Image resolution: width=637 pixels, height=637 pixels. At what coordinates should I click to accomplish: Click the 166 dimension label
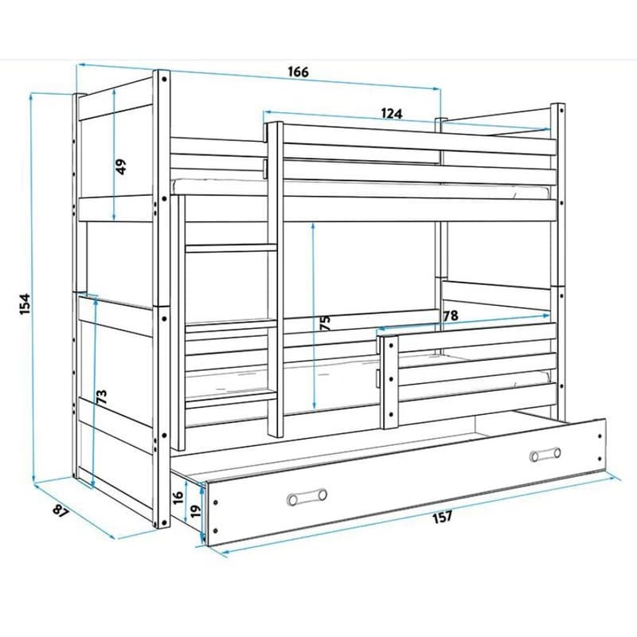click(299, 72)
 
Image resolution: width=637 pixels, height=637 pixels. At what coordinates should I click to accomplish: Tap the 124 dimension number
click(392, 113)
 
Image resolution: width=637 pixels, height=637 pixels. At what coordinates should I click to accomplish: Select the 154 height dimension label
click(25, 304)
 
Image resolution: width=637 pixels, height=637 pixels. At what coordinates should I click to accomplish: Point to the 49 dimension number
click(121, 166)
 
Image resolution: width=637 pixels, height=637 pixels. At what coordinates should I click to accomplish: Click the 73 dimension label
click(102, 397)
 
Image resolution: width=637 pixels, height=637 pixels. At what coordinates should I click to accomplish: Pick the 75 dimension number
click(326, 323)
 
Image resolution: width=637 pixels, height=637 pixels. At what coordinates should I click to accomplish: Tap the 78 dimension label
click(451, 315)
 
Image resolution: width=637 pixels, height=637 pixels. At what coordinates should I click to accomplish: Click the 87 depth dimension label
click(61, 510)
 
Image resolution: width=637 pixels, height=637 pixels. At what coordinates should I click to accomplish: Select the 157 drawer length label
click(443, 517)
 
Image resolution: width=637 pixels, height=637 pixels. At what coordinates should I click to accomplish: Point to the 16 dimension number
click(178, 497)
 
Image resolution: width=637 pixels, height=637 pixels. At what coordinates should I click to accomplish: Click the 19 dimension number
click(196, 512)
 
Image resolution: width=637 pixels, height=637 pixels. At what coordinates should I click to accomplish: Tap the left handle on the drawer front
click(307, 497)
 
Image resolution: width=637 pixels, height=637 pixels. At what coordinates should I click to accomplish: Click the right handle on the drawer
click(545, 455)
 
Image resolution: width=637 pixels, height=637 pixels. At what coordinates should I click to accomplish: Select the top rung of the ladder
click(231, 248)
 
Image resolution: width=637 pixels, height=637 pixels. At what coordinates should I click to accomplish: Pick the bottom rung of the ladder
click(231, 399)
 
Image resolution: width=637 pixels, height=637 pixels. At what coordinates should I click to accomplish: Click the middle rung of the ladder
click(231, 324)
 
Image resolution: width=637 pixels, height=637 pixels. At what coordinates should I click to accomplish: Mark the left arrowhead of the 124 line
click(268, 111)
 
